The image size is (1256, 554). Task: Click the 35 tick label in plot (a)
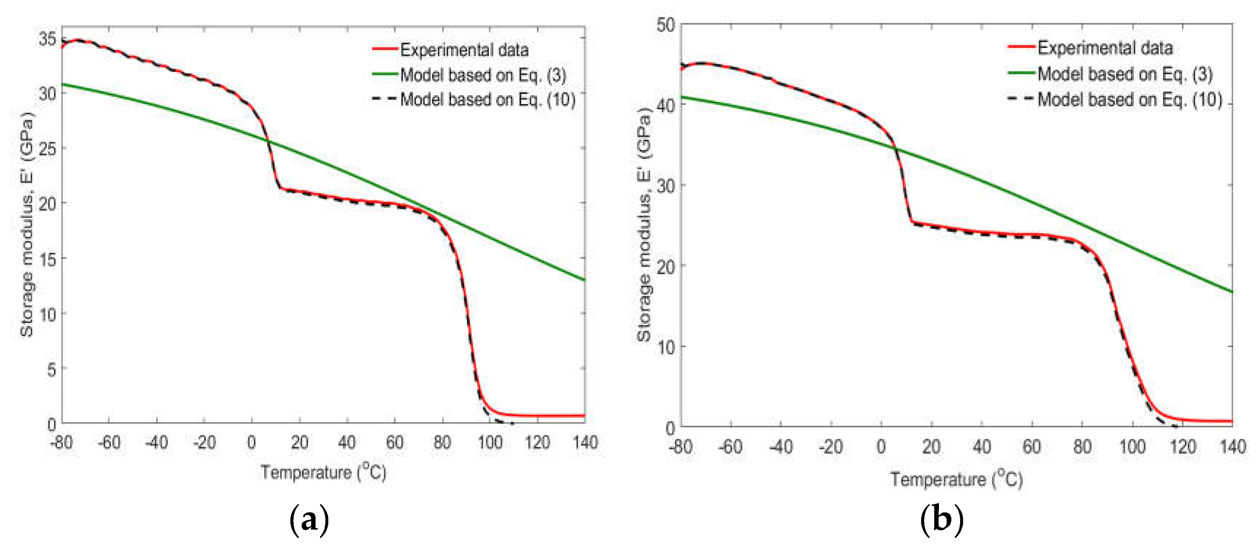coord(48,39)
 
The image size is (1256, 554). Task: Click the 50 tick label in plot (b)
coord(665,25)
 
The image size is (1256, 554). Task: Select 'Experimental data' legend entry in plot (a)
coord(464,50)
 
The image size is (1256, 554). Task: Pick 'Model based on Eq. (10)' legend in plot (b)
coord(1129,100)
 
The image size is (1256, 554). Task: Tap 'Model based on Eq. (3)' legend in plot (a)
coord(483,75)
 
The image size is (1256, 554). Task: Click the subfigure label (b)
coord(942,519)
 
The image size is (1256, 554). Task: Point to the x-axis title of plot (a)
coord(323,472)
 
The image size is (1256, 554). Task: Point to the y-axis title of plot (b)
coord(644,224)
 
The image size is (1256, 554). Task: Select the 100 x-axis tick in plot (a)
coord(490,442)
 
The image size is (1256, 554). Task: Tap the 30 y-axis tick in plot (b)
coord(665,186)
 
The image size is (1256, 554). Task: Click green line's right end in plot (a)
coord(584,280)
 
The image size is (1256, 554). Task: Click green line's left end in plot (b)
coord(682,97)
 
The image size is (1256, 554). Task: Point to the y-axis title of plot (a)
coord(27,224)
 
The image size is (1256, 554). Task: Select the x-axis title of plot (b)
coord(956,479)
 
